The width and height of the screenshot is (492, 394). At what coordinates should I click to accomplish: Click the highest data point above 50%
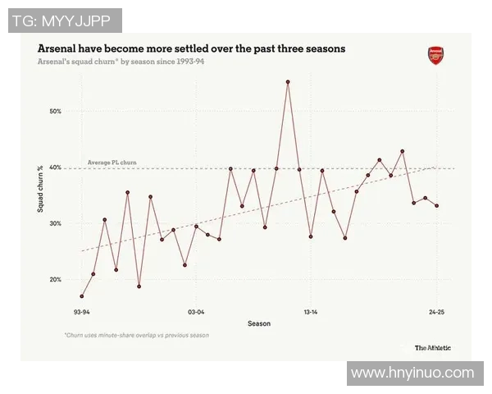(x=288, y=82)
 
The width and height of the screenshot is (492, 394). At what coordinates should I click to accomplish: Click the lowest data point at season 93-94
(x=82, y=296)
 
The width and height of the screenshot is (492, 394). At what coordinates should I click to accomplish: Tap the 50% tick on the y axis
(x=57, y=111)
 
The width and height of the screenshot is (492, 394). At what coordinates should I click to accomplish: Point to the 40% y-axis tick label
(x=57, y=167)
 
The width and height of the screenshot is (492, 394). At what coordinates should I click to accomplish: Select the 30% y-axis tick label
(x=57, y=223)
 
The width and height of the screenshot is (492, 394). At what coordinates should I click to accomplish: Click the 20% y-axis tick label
(x=57, y=280)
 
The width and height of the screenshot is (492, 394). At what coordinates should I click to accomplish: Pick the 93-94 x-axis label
(x=82, y=312)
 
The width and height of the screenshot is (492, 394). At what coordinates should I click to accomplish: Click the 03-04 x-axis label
(x=196, y=312)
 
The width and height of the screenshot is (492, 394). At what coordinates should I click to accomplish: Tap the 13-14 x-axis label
(x=311, y=312)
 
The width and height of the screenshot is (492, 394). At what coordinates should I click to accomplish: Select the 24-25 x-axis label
(x=436, y=312)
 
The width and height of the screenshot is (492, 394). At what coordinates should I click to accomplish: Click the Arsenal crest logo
(x=435, y=56)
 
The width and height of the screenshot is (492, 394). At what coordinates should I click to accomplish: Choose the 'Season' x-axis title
(x=259, y=323)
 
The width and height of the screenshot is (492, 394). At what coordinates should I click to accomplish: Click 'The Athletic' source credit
(x=432, y=347)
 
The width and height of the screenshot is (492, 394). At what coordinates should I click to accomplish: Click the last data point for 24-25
(x=436, y=206)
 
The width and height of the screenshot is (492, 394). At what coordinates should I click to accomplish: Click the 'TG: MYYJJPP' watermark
(x=65, y=20)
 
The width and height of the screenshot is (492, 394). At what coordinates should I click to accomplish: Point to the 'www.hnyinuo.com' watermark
(x=412, y=373)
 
